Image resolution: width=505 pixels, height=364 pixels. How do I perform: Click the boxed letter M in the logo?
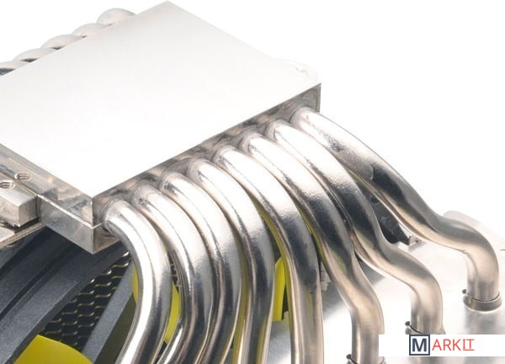tap(419, 345)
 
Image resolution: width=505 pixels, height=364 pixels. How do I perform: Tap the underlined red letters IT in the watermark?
tap(468, 345)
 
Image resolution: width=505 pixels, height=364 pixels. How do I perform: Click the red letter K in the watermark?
tap(458, 345)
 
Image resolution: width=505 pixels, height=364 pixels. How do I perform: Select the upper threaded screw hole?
tap(22, 177)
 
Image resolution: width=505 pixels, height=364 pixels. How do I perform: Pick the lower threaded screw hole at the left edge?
tap(6, 185)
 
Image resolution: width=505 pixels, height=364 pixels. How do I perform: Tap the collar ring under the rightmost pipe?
tap(481, 298)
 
